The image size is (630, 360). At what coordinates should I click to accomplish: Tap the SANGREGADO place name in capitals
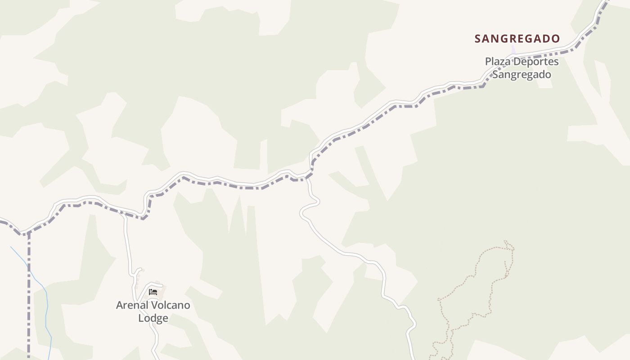click(517, 39)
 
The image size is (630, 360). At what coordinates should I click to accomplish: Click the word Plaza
click(498, 62)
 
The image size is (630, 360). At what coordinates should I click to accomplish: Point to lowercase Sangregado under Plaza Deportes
click(522, 74)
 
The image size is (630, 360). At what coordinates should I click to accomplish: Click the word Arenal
click(131, 305)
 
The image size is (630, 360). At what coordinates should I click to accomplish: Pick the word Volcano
click(170, 305)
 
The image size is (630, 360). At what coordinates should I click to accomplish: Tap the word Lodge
click(153, 318)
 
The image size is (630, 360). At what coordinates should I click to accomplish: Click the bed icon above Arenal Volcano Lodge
click(153, 292)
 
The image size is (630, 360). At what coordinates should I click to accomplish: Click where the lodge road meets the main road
click(122, 215)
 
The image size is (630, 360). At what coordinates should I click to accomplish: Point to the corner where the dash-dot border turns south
click(28, 234)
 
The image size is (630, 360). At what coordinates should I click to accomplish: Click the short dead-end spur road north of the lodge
click(138, 270)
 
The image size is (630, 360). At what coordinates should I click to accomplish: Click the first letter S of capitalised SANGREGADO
click(478, 39)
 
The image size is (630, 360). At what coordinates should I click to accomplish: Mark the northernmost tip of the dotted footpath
click(506, 241)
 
